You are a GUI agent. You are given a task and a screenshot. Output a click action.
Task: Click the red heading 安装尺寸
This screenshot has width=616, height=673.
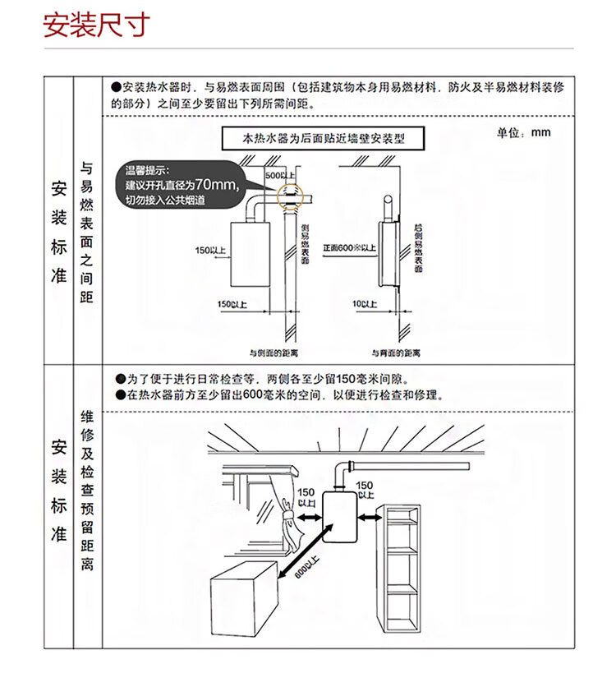coord(96,25)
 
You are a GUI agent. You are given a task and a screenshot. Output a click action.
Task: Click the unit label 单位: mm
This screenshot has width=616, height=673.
coord(523,133)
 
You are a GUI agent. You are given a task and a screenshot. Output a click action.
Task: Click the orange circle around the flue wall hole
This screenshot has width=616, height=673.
coord(290,196)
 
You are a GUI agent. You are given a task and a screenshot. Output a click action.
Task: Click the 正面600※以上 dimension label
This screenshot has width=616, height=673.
coord(349,247)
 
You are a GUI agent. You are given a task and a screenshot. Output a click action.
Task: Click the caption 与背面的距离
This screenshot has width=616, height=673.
coord(396,353)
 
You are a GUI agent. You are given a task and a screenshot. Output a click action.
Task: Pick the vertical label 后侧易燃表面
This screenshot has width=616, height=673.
coord(418,242)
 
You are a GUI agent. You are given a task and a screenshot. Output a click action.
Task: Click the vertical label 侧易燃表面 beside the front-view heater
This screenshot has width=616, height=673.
coord(304,242)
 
